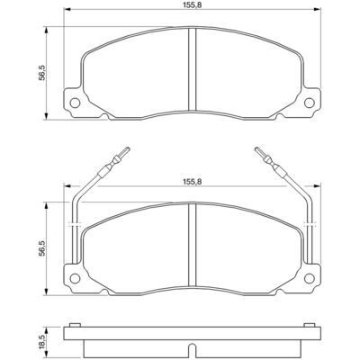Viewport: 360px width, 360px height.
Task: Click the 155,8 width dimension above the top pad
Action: coord(192,4)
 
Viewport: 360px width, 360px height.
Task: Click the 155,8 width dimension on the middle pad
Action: coord(192,182)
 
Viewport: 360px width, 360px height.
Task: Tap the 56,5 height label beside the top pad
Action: coord(42,73)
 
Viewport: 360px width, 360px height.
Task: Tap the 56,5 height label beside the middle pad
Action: coord(42,248)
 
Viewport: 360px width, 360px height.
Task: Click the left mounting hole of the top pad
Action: coord(75,103)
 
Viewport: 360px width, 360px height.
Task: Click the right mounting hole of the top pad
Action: coord(309,103)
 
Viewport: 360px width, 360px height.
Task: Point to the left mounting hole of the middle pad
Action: coord(75,278)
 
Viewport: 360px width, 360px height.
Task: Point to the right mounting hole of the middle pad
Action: coord(309,278)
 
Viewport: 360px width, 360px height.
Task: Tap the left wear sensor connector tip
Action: coord(128,148)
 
